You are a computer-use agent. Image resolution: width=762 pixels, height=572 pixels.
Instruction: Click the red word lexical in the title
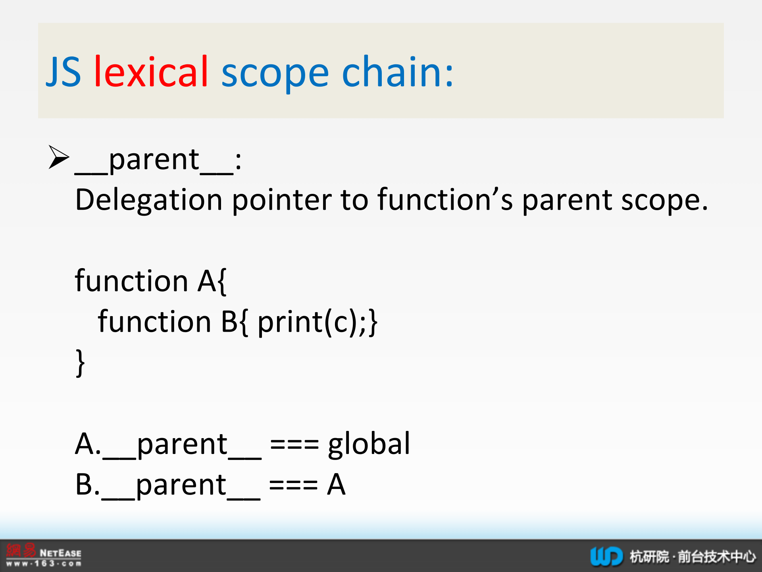click(151, 71)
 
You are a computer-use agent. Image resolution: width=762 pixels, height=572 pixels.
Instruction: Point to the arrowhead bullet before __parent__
click(59, 157)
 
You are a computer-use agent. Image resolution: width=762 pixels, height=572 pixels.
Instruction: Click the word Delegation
click(148, 200)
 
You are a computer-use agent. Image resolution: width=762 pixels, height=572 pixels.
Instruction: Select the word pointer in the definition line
click(282, 200)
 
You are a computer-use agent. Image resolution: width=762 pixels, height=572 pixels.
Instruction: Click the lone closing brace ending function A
click(80, 363)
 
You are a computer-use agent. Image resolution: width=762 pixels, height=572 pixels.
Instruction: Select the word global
click(369, 444)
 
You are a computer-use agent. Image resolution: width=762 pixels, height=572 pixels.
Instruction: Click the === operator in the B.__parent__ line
click(293, 485)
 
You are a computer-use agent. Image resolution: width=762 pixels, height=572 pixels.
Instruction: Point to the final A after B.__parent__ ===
click(336, 484)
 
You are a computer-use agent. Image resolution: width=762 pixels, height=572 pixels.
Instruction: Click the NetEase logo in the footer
click(44, 555)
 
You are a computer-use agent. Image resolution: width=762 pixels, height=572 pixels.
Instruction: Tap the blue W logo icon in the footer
click(606, 556)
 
